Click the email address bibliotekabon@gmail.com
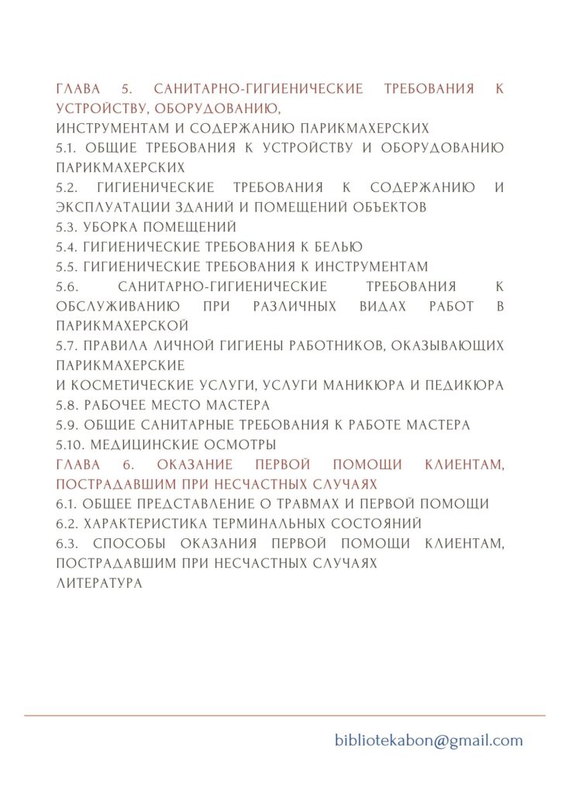point(428,740)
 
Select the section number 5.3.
point(67,227)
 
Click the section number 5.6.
point(67,287)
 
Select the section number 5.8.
point(67,405)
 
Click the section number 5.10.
point(71,445)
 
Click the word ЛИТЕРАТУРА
point(99,583)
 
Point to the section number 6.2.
point(67,524)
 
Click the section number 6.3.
point(67,544)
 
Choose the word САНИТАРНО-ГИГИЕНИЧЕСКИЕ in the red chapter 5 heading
point(258,89)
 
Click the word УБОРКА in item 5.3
point(112,227)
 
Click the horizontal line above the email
point(284,716)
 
